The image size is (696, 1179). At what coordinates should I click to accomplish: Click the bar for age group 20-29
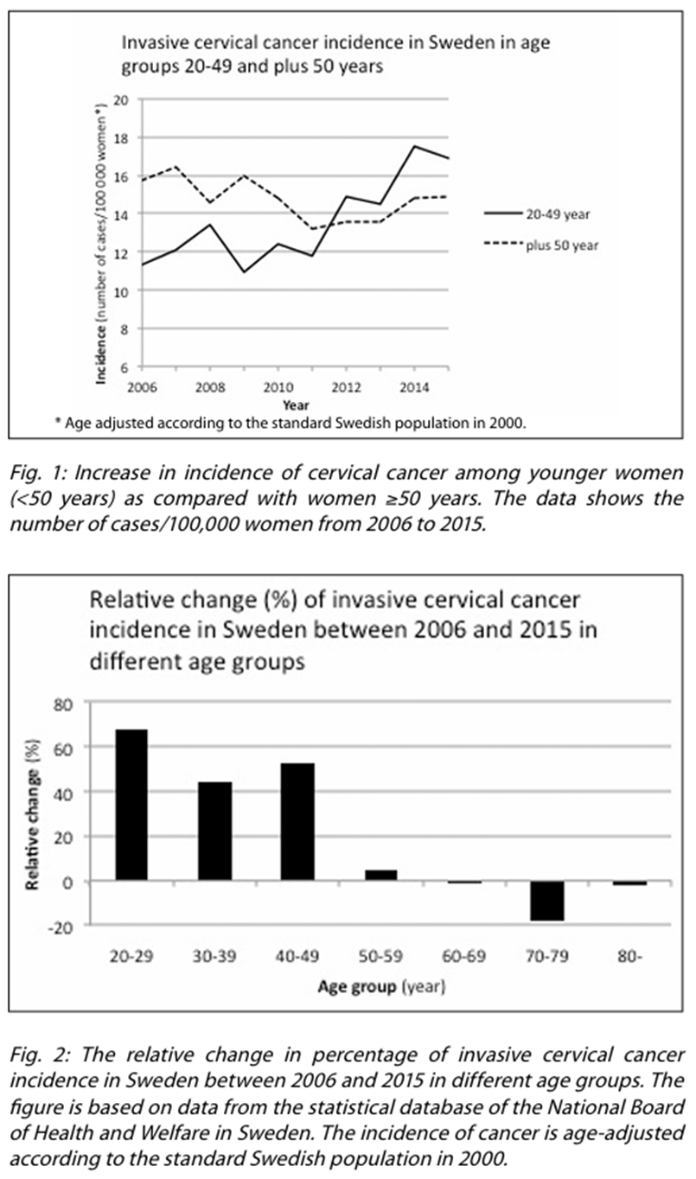pos(131,805)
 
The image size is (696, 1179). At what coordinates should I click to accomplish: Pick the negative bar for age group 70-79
pos(548,901)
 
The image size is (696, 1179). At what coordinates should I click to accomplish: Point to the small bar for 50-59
pos(381,875)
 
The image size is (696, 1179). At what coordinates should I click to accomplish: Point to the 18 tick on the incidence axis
pos(121,137)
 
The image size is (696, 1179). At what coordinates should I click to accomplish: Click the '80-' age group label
pos(631,957)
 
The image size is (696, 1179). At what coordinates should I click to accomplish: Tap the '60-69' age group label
pos(465,957)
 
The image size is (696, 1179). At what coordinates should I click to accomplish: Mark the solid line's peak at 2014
pos(413,146)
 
